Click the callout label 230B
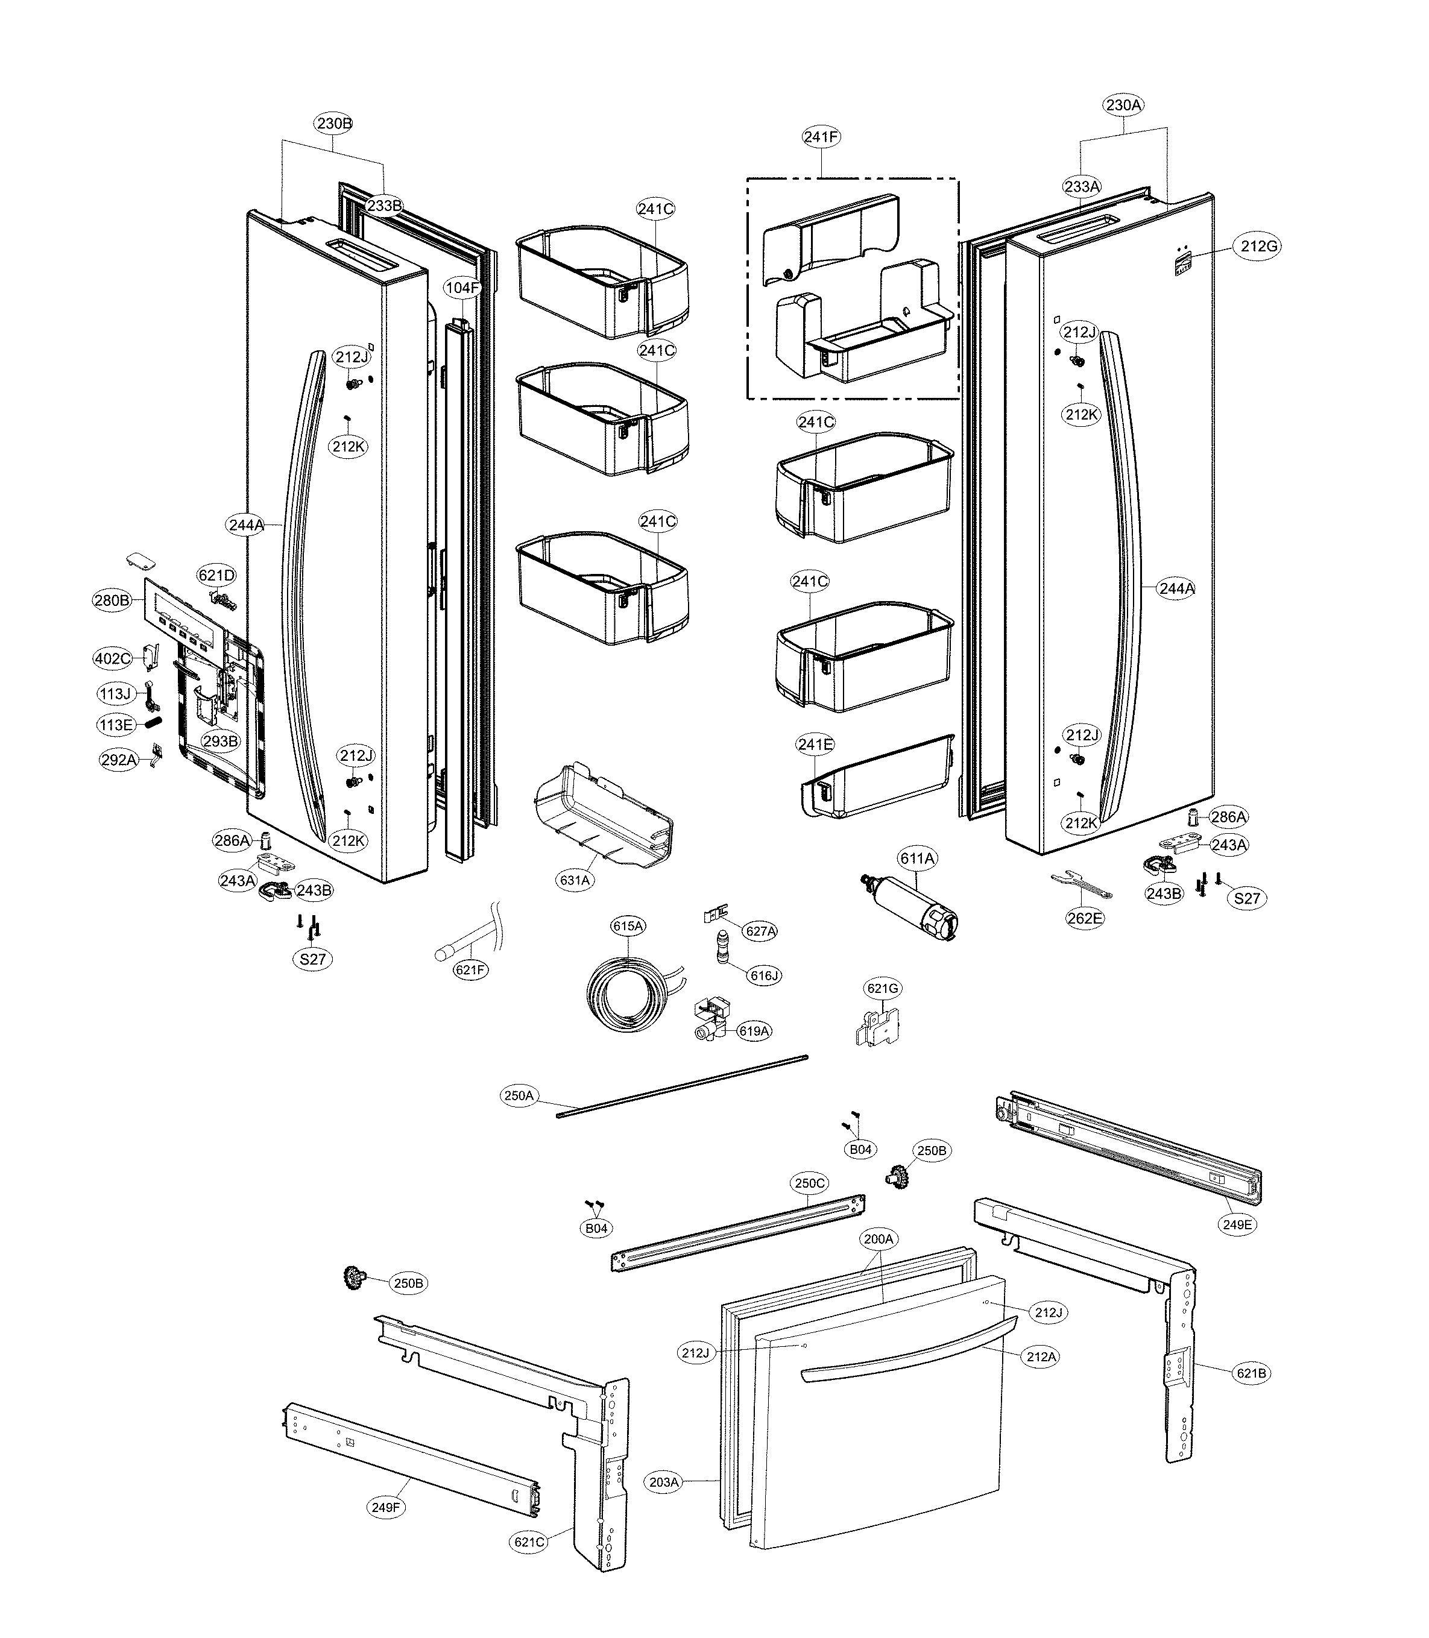tap(334, 124)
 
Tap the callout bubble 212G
tap(1259, 247)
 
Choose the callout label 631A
tap(575, 880)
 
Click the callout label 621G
tap(883, 989)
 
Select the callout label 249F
tap(385, 1507)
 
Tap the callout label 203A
tap(663, 1482)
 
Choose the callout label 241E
tap(815, 745)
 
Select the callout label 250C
tap(809, 1183)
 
